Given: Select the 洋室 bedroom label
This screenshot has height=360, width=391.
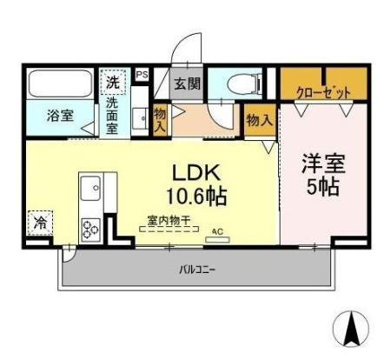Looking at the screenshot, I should click(x=321, y=163).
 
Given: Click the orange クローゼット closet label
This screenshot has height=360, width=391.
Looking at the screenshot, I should click(x=323, y=90).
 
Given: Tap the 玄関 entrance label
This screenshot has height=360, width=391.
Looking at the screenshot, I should click(x=187, y=84).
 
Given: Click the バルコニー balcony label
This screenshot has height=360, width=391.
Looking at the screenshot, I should click(x=196, y=270).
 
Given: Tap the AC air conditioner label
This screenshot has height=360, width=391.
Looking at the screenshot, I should click(x=216, y=231).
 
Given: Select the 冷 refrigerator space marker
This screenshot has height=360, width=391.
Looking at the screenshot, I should click(x=40, y=223).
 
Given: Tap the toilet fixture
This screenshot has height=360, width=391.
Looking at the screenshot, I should click(x=243, y=84).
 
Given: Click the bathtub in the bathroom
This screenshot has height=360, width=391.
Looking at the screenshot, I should click(x=59, y=85).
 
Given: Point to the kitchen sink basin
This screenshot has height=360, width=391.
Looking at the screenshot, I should click(x=91, y=187).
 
